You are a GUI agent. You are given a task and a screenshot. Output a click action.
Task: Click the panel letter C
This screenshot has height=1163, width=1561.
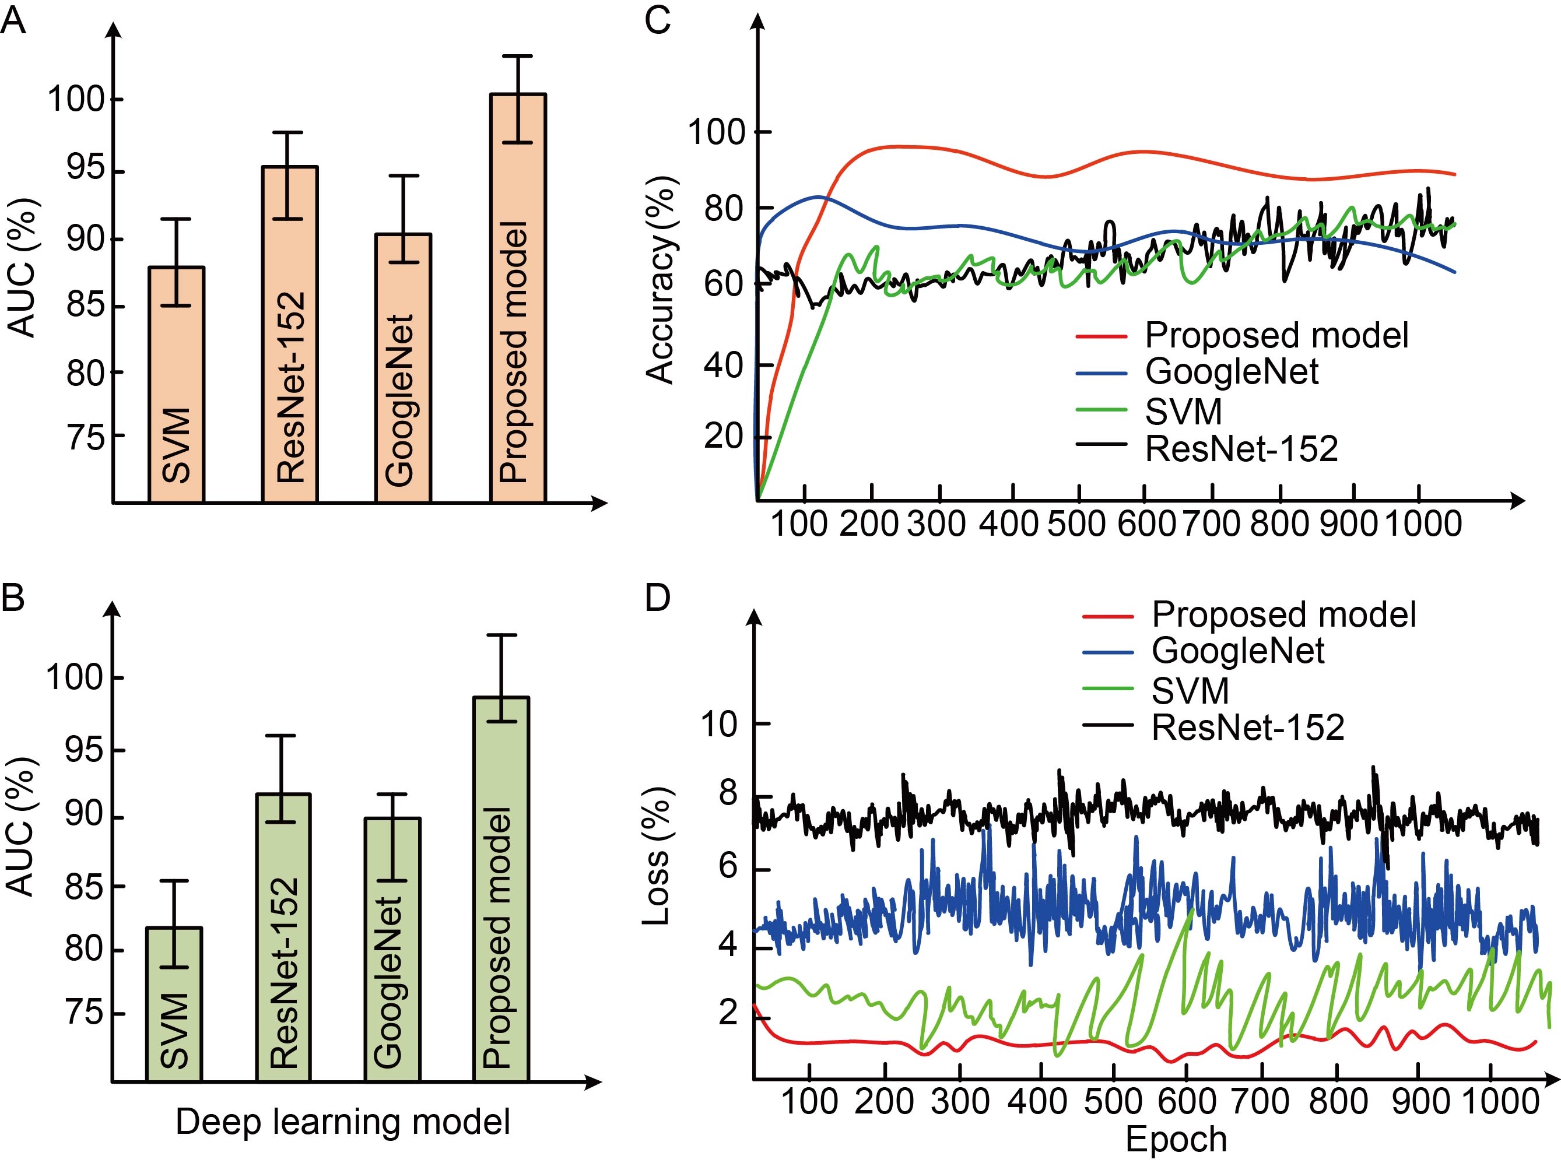coord(657,21)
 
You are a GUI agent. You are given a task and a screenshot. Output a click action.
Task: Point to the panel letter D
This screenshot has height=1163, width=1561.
coord(657,598)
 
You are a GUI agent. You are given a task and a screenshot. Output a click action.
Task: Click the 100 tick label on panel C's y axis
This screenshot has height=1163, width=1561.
coord(715,132)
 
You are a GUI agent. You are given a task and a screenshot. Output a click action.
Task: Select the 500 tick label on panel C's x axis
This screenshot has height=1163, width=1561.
coord(1076,525)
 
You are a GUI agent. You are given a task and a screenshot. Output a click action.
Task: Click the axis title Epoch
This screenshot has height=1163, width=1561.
coord(1176,1139)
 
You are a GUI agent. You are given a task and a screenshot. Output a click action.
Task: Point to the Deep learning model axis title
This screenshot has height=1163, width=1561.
coord(343,1122)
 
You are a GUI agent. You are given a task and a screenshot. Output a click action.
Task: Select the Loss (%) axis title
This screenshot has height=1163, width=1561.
coord(657,855)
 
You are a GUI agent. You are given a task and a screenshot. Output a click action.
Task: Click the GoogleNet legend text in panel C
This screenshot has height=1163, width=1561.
coord(1232,372)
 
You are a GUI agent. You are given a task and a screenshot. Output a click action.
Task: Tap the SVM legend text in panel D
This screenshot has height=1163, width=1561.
coord(1190,691)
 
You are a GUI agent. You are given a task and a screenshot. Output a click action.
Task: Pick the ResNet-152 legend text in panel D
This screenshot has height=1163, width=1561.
coord(1248,727)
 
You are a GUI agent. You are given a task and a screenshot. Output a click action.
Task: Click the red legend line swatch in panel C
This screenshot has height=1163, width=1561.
coord(1102,336)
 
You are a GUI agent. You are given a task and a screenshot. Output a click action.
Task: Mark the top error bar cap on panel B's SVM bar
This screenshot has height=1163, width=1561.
coord(174,881)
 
